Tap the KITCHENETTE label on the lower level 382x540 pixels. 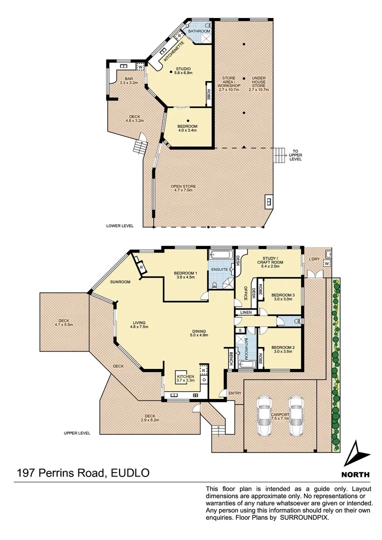pos(173,51)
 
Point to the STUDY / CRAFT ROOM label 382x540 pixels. pos(270,263)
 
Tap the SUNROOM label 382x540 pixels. pos(120,282)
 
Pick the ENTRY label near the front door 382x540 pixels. pos(234,393)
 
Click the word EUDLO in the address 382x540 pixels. pos(128,473)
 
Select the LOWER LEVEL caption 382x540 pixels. pos(120,225)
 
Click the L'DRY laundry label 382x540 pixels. pos(313,259)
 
